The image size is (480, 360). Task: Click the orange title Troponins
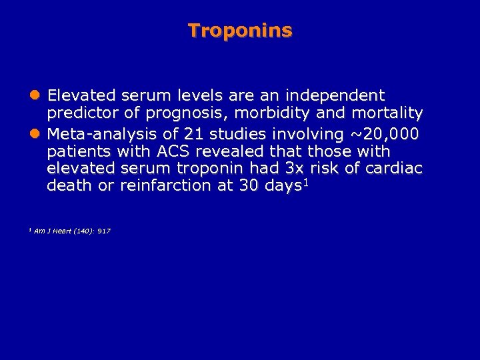tap(240, 30)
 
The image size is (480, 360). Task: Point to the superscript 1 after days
tap(306, 182)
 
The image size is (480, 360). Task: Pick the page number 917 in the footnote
tap(103, 231)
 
